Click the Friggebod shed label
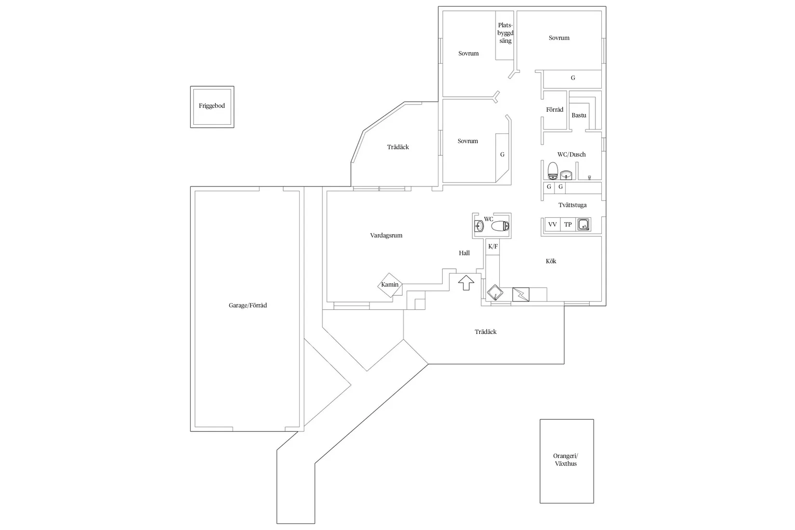pos(212,106)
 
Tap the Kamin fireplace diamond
pos(390,285)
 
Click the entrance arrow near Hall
pos(465,282)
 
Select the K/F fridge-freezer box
pos(493,247)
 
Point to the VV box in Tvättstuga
pos(553,225)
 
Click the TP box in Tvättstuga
pos(568,225)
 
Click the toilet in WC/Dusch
pos(553,170)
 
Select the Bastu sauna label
pos(579,116)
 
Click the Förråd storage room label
pos(555,110)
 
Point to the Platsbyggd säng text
pos(505,33)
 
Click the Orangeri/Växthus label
pos(566,460)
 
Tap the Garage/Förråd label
pos(248,305)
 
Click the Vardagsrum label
pos(386,236)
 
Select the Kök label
pos(551,261)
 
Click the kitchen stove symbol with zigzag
pos(520,294)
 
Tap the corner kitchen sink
pos(494,293)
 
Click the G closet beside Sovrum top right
pos(572,78)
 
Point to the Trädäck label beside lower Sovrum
pos(398,147)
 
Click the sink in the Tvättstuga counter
pos(584,225)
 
